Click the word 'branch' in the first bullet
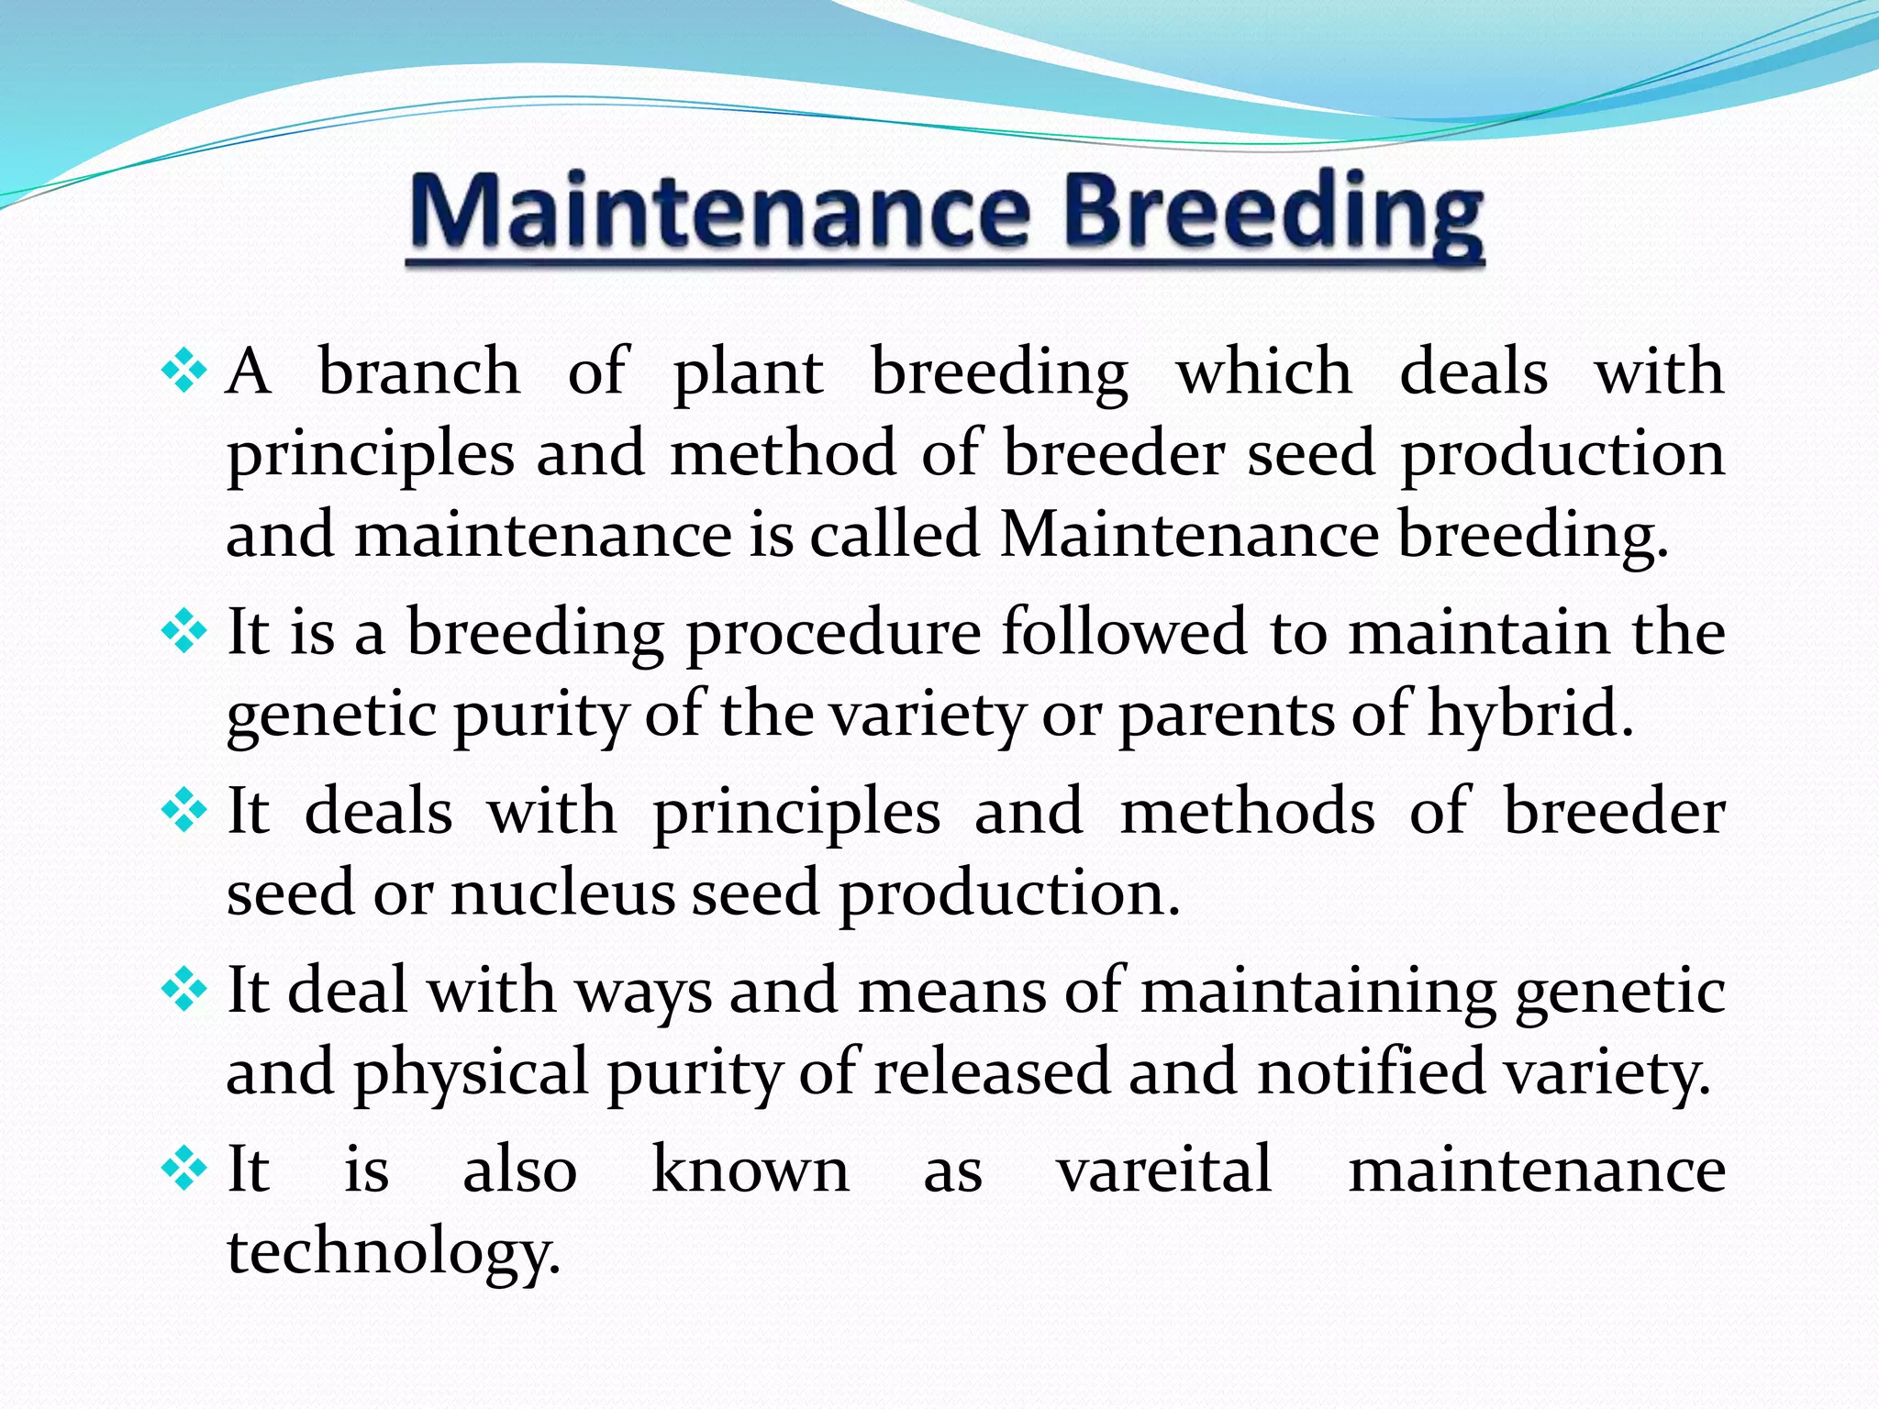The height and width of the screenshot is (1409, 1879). pyautogui.click(x=418, y=372)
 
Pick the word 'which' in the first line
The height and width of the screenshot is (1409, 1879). pyautogui.click(x=1263, y=372)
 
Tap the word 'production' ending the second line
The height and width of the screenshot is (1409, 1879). pyautogui.click(x=1562, y=454)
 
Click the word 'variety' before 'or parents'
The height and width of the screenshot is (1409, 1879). pyautogui.click(x=928, y=715)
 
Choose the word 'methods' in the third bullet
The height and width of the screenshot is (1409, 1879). pyautogui.click(x=1248, y=812)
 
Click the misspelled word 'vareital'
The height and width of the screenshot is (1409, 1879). pyautogui.click(x=1164, y=1170)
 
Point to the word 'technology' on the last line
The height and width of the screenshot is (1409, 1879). pyautogui.click(x=389, y=1252)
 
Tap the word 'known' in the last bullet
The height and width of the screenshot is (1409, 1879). pyautogui.click(x=750, y=1170)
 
